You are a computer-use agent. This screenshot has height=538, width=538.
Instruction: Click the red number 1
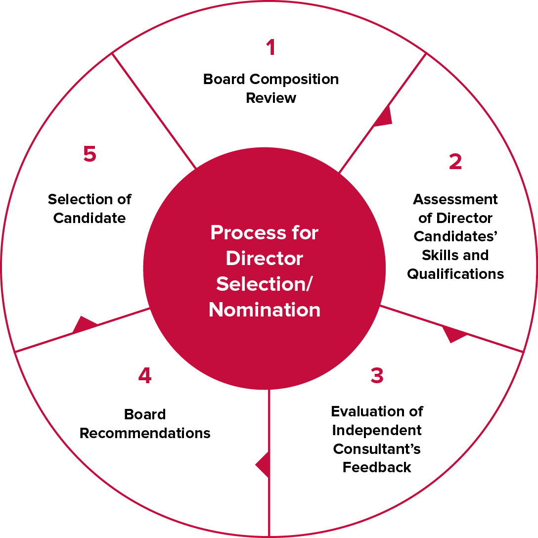point(270,47)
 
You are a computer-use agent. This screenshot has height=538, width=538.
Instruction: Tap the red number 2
point(455,162)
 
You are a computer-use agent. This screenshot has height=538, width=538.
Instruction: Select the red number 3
point(377,376)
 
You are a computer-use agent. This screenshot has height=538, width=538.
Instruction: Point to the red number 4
point(144,376)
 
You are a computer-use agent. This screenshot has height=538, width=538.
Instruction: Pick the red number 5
point(90,154)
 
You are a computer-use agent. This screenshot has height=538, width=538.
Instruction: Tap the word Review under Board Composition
point(271,98)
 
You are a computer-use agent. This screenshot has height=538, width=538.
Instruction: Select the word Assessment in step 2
point(455,199)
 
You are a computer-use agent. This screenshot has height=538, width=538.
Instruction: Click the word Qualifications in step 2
point(455,274)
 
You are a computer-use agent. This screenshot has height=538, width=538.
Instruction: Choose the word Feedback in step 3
point(377,467)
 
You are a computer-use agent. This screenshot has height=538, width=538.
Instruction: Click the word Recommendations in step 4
point(145,433)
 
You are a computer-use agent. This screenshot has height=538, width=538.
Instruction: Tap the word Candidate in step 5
point(90,218)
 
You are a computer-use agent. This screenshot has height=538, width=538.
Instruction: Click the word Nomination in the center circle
point(265,310)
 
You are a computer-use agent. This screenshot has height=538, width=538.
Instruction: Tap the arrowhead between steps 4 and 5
point(83,324)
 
